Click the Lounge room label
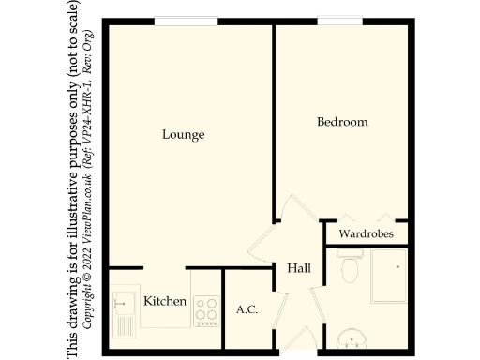click(x=183, y=135)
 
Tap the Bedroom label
click(x=342, y=122)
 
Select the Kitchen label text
click(x=165, y=302)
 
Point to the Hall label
click(x=299, y=269)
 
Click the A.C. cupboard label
click(x=247, y=309)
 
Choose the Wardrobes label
click(x=367, y=233)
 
